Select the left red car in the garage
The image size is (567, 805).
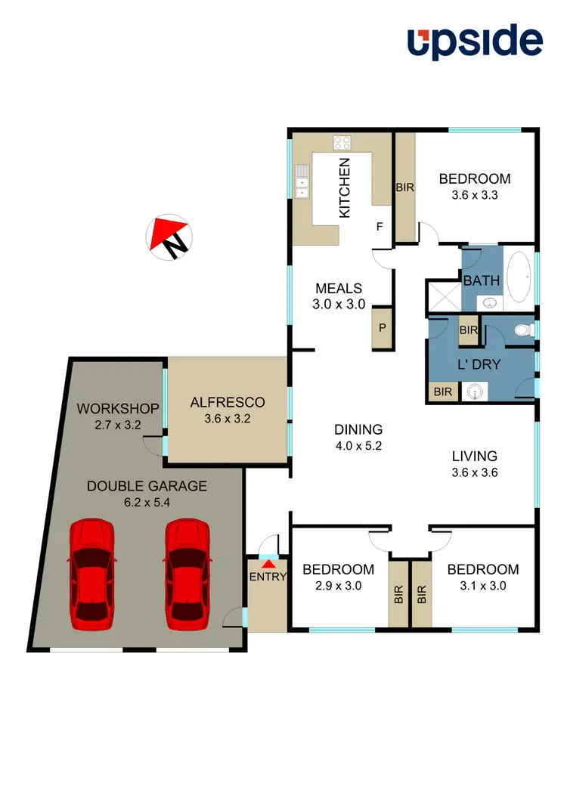[91, 574]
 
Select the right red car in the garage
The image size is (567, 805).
[187, 574]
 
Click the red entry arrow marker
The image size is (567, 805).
[268, 563]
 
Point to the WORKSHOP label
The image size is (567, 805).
[118, 409]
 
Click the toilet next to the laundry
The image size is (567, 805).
[521, 330]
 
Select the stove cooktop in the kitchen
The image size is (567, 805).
[342, 142]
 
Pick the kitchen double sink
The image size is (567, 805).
[302, 181]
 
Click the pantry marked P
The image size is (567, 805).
[382, 327]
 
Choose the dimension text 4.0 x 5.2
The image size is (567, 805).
[358, 446]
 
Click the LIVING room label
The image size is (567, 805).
[474, 456]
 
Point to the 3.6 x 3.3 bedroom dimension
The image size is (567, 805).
[475, 194]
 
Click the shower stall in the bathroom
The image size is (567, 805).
[444, 296]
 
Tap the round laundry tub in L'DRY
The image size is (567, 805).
[474, 392]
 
